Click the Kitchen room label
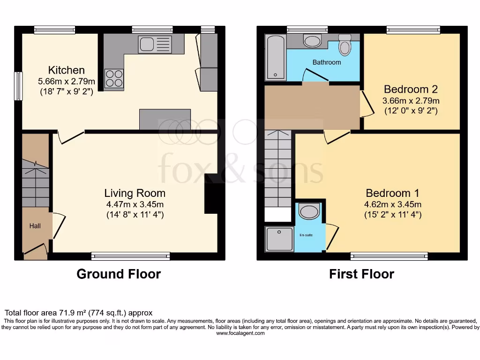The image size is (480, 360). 67,70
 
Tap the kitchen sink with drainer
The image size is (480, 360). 155,45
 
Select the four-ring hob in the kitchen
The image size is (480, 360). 114,78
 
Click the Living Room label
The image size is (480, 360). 135,193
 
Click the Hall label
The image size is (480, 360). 35,226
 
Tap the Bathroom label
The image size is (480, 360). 327,62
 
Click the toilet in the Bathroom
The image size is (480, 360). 345,46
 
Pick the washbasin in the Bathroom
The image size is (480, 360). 312,41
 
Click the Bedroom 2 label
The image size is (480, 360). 406,89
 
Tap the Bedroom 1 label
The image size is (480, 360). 392,193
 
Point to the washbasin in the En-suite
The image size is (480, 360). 309,212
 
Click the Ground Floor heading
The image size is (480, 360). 119,274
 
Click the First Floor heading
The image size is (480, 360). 361,274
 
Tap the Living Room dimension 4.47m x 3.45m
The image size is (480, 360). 135,204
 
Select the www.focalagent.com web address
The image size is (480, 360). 240,334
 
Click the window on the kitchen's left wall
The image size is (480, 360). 18,86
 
